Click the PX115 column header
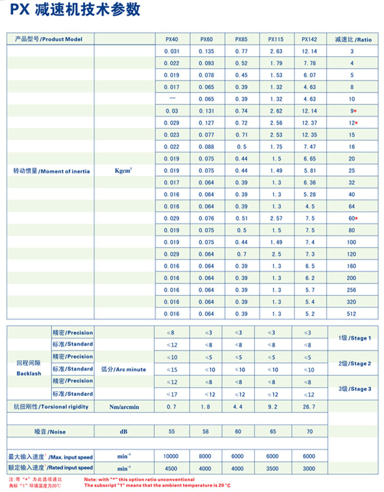275,39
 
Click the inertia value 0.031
172,51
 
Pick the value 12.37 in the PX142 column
309,123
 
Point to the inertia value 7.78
309,63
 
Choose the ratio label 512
352,314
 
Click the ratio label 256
352,290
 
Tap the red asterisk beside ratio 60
356,218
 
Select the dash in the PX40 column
172,98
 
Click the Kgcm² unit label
124,171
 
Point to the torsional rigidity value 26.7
309,407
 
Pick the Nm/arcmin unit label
124,407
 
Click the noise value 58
206,432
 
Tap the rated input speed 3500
275,468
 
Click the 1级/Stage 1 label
355,338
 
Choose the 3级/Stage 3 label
355,389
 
